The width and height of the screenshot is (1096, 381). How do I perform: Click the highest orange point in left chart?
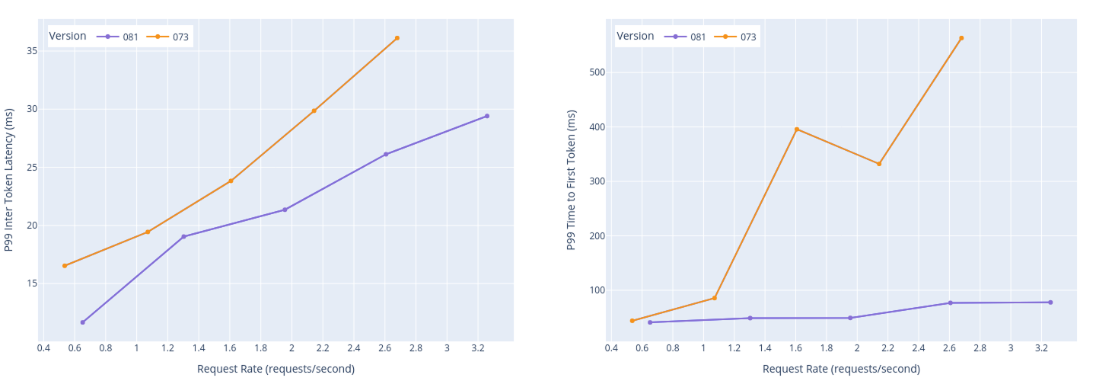pyautogui.click(x=397, y=38)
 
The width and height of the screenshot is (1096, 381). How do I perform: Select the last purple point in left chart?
pyautogui.click(x=487, y=116)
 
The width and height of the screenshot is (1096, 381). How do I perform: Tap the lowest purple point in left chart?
pyautogui.click(x=83, y=322)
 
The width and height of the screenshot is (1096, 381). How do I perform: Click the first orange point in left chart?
pyautogui.click(x=65, y=266)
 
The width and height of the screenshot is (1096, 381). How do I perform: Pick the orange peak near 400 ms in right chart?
pyautogui.click(x=797, y=130)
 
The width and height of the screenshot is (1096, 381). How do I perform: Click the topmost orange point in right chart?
pyautogui.click(x=961, y=38)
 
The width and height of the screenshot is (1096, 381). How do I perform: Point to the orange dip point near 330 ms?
pyautogui.click(x=879, y=164)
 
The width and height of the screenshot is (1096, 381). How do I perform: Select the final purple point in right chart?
pyautogui.click(x=1050, y=303)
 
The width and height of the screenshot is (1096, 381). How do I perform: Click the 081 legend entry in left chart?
pyautogui.click(x=121, y=37)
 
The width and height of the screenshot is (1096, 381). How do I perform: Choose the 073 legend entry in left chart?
pyautogui.click(x=171, y=37)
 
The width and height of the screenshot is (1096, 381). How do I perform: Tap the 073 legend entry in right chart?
pyautogui.click(x=739, y=37)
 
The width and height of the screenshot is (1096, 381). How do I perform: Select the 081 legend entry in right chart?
pyautogui.click(x=689, y=37)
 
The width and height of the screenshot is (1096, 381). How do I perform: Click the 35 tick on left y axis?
pyautogui.click(x=32, y=51)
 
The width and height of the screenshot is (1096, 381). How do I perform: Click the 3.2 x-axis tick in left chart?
pyautogui.click(x=477, y=348)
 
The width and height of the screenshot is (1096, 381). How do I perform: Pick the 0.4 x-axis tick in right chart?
pyautogui.click(x=611, y=348)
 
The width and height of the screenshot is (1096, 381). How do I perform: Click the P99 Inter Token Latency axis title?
pyautogui.click(x=9, y=180)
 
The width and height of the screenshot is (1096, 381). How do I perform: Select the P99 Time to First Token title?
pyautogui.click(x=572, y=180)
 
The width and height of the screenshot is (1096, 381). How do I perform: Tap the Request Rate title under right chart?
pyautogui.click(x=841, y=369)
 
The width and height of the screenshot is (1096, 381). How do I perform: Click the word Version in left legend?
pyautogui.click(x=68, y=36)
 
